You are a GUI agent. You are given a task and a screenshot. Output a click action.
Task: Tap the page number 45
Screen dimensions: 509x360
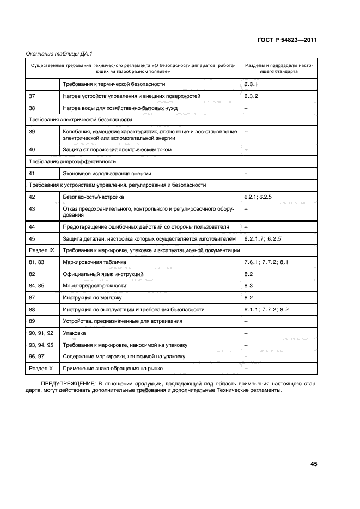[313, 464]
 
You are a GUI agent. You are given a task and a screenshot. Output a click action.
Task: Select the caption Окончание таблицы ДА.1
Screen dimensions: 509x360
[53, 53]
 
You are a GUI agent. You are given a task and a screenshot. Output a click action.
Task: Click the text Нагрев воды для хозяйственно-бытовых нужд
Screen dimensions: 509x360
[120, 108]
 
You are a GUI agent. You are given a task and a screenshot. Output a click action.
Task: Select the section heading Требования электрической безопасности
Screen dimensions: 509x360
[80, 119]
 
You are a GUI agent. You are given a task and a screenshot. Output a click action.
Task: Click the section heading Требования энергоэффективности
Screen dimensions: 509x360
[72, 162]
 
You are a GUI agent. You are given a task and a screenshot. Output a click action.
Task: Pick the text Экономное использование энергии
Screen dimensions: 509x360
[106, 173]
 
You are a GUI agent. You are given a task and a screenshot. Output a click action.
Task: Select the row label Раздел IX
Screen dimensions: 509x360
[41, 250]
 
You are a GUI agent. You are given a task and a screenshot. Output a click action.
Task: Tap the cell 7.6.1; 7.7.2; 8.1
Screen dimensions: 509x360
[269, 262]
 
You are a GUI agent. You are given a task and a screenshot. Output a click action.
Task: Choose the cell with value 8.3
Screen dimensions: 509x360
[249, 285]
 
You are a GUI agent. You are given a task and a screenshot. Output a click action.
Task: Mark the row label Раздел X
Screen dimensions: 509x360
[40, 368]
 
